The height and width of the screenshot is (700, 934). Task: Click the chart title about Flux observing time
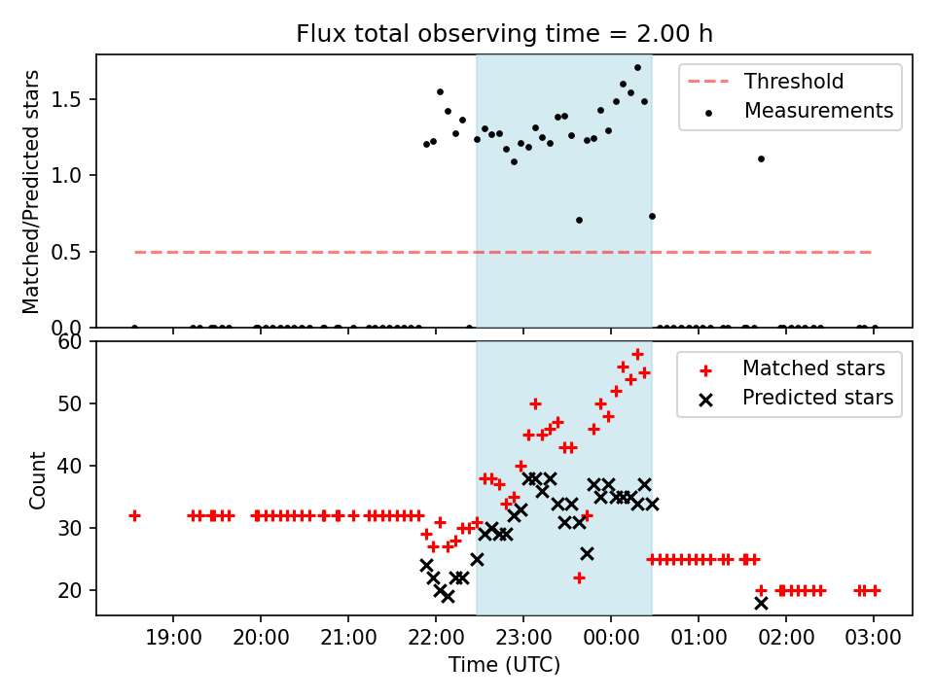click(504, 34)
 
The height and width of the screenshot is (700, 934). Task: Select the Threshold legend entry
click(794, 82)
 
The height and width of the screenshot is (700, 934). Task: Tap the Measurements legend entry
click(818, 111)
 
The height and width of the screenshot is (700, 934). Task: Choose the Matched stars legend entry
click(813, 368)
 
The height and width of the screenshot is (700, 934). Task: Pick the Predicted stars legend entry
click(817, 398)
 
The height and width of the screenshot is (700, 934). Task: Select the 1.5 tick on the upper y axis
click(74, 99)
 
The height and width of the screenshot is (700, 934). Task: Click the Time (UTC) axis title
click(504, 665)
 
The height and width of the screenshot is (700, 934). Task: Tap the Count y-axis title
click(38, 479)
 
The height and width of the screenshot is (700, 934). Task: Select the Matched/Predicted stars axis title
click(32, 192)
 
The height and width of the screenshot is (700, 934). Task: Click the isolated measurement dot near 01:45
click(761, 158)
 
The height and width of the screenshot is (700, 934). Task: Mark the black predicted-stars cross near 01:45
click(761, 603)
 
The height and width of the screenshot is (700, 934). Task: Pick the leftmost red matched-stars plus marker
click(134, 515)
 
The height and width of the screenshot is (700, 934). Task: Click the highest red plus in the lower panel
click(637, 354)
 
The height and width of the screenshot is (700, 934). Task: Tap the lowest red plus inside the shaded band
click(579, 577)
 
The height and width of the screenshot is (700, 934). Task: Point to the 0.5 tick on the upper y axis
click(74, 252)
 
